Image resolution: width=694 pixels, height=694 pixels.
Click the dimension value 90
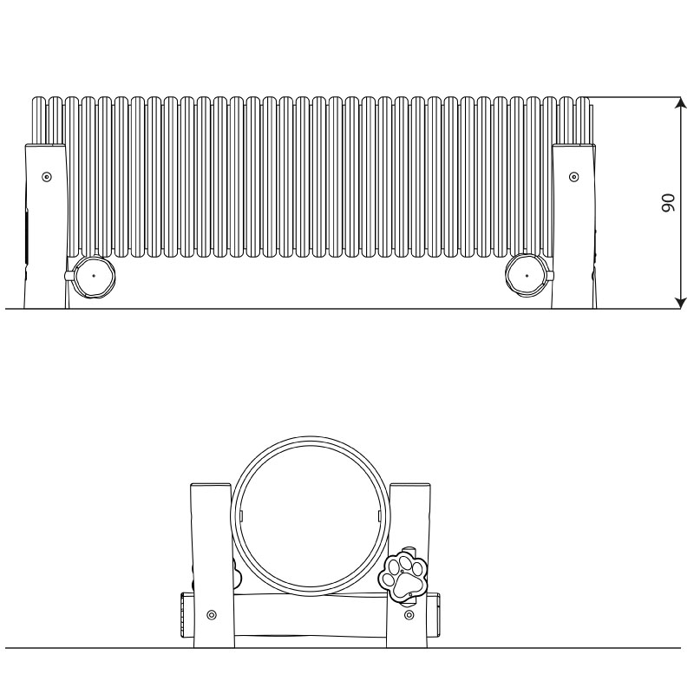point(668,203)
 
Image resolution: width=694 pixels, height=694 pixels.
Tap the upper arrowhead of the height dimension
point(680,102)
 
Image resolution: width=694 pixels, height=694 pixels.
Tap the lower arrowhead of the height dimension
point(680,303)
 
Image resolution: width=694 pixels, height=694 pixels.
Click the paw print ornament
point(403,576)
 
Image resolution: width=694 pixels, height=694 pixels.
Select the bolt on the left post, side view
point(47,177)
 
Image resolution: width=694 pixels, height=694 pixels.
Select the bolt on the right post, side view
point(573,177)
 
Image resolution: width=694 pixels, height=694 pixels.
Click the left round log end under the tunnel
point(94,275)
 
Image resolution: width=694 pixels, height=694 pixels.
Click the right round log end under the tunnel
point(527,275)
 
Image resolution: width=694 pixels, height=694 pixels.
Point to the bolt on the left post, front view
point(212,615)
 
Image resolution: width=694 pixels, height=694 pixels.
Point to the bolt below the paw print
point(409,615)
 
